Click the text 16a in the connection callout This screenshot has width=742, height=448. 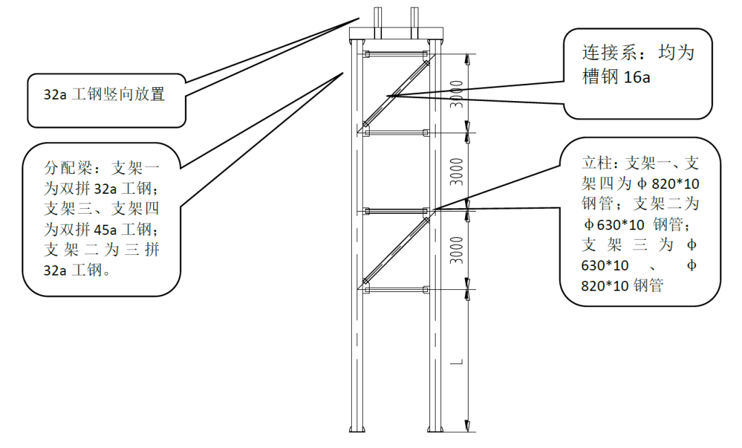tap(636, 77)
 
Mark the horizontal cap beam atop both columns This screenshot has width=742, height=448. tap(396, 34)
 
